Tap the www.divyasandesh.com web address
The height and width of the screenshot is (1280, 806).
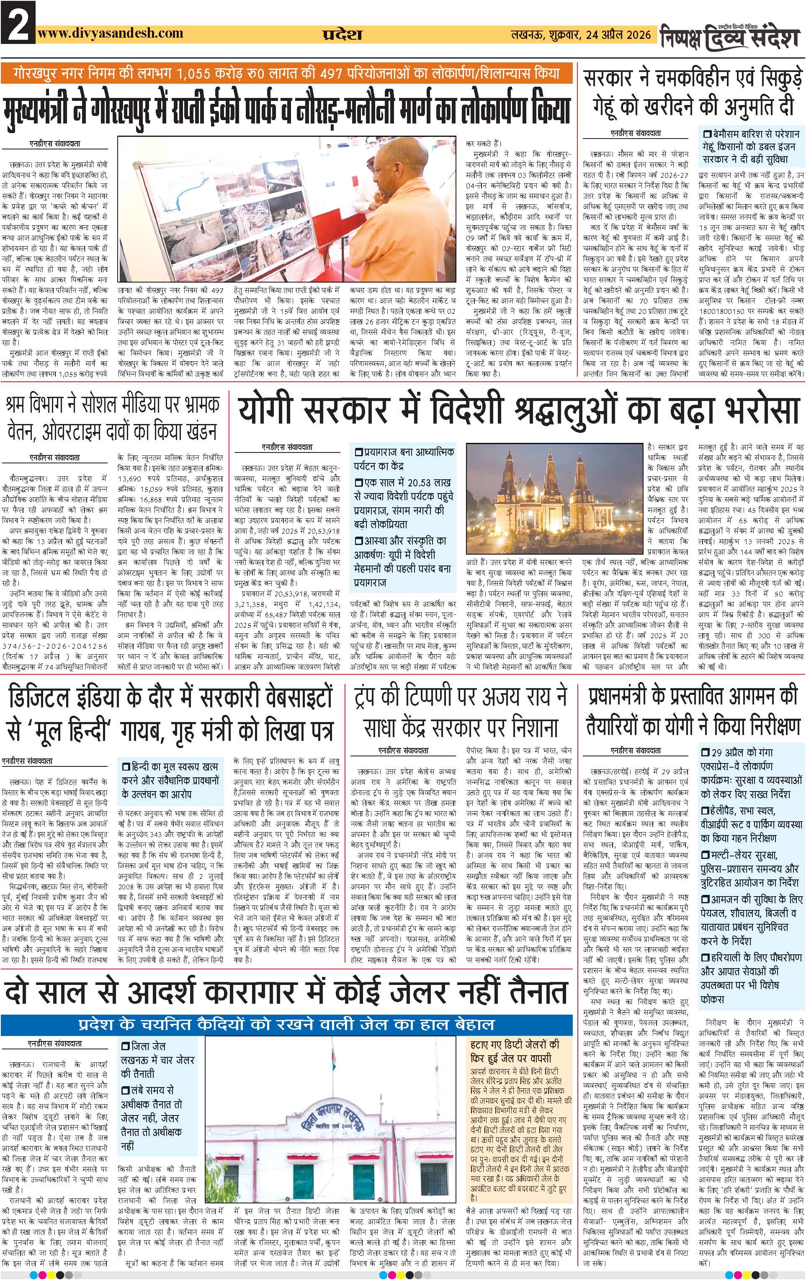[111, 33]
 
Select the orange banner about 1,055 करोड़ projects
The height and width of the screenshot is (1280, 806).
[288, 73]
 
